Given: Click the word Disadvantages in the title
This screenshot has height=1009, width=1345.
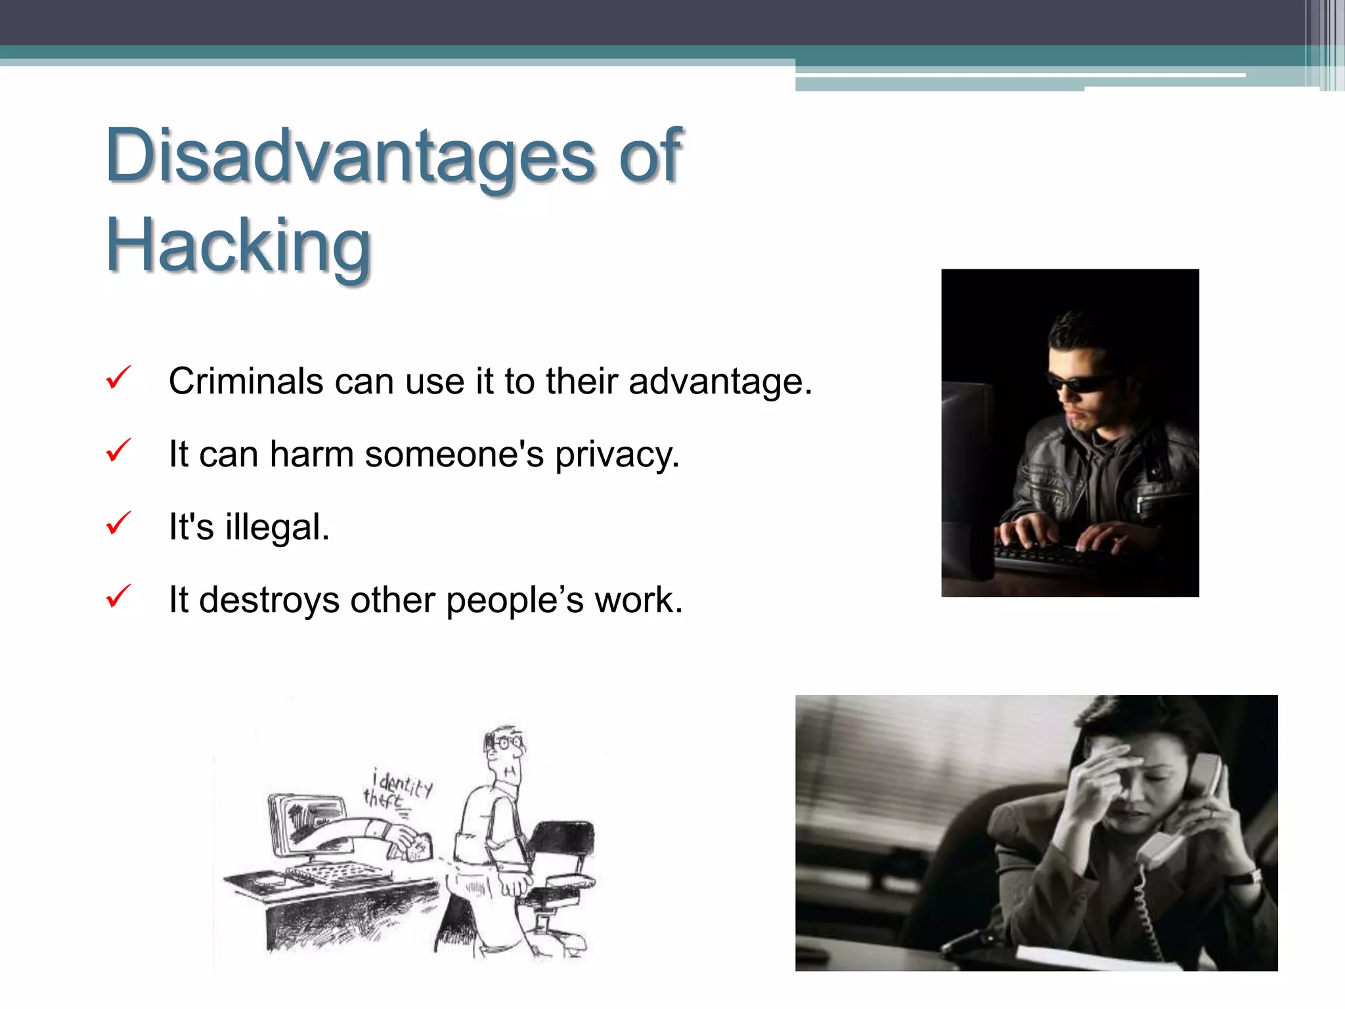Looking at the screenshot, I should pos(348,156).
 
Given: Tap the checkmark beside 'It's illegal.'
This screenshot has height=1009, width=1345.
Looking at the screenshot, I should pos(118,524).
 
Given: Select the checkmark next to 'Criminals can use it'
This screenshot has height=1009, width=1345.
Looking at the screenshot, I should pos(118,378).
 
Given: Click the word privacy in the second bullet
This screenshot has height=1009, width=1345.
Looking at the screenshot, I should pos(617,455).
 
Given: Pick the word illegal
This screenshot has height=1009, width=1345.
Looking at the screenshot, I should pos(276,527).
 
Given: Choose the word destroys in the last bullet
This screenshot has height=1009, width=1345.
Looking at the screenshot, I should pos(269,600).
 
